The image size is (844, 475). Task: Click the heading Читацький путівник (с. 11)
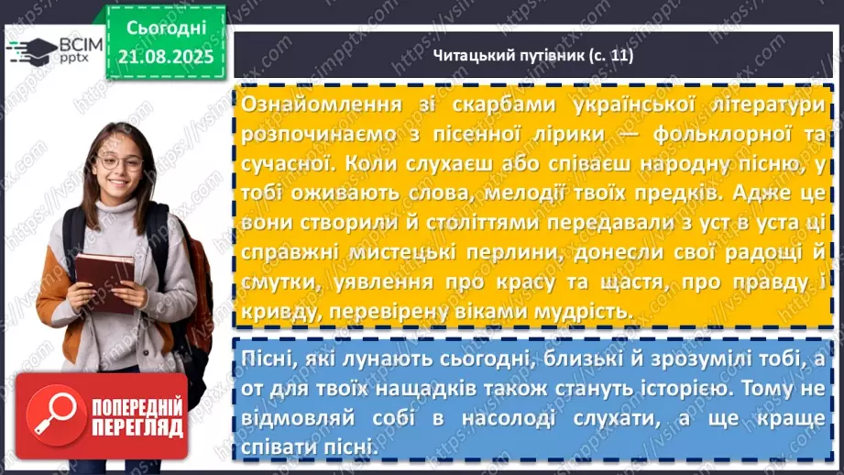click(532, 56)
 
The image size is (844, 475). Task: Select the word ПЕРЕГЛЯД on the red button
click(137, 427)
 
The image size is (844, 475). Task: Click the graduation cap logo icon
click(31, 48)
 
